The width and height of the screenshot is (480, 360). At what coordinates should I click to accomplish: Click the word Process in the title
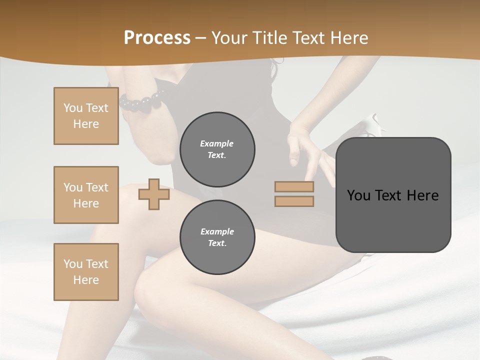tap(157, 38)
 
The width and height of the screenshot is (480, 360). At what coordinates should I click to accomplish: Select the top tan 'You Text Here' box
tap(86, 116)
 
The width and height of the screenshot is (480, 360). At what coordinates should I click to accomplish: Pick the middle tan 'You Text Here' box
tap(86, 195)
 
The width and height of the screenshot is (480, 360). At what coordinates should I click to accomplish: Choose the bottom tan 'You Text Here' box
tap(86, 271)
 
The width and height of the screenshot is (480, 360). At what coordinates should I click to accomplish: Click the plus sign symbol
tap(153, 194)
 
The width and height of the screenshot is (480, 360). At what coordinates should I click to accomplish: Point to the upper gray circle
tap(217, 149)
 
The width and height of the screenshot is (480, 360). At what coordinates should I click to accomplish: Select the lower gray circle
tap(217, 237)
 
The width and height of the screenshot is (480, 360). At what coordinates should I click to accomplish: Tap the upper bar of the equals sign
tap(294, 187)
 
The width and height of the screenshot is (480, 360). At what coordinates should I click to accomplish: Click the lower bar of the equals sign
tap(294, 201)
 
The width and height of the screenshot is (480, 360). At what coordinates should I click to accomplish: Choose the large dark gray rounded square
tap(393, 195)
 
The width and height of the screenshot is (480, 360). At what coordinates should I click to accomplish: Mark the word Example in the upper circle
tap(217, 143)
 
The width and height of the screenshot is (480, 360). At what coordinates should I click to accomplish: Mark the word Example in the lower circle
tap(217, 231)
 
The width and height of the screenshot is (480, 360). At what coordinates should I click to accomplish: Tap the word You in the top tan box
tap(72, 108)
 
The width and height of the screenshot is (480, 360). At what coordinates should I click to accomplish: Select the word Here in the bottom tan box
tap(86, 279)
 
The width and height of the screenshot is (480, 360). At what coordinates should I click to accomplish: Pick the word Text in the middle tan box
tap(97, 187)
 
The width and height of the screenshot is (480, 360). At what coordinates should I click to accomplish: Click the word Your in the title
tap(231, 38)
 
